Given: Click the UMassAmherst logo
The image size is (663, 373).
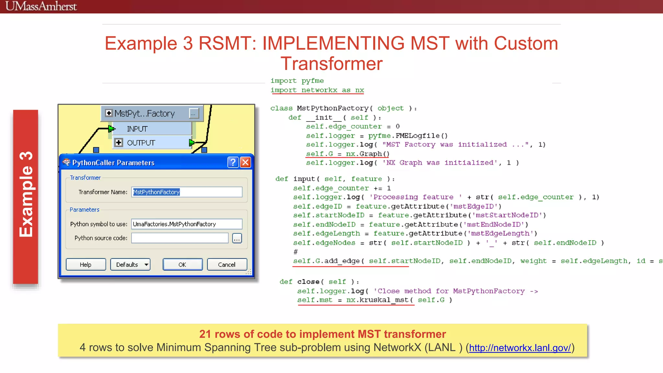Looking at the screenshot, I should point(41,6).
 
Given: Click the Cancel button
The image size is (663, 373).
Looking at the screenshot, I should point(227,265).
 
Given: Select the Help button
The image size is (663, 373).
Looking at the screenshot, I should point(86,265).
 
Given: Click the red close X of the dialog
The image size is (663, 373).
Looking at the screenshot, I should point(246,162).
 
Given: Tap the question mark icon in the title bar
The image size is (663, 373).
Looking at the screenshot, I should point(233,162).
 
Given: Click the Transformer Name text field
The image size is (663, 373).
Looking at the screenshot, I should point(187,192).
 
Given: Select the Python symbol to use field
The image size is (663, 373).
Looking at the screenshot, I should point(187,224).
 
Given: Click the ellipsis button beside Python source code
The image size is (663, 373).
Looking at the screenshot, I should point(237,238).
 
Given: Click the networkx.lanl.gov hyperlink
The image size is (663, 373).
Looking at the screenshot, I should point(520,348).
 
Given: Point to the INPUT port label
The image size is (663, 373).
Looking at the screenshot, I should point(137,129).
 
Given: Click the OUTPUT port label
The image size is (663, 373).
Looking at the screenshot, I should point(141,143).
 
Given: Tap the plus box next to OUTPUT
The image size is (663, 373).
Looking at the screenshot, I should point(118,142).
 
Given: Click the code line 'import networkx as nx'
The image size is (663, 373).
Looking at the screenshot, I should point(317,90).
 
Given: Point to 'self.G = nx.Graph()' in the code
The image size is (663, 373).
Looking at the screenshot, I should point(348,154).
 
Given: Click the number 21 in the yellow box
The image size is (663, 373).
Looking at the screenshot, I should point(205,334).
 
